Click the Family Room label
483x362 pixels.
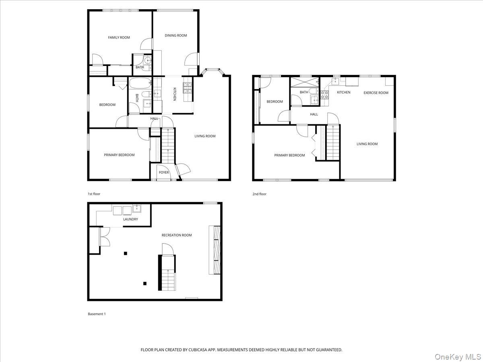click(x=119, y=37)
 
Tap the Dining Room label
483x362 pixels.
click(x=176, y=35)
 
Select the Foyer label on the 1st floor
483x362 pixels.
click(x=164, y=173)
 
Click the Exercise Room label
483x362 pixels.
click(x=376, y=93)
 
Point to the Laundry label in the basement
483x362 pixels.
click(x=130, y=219)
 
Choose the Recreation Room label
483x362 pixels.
click(x=177, y=235)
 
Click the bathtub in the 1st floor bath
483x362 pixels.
click(x=140, y=83)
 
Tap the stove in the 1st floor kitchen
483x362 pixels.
click(x=188, y=88)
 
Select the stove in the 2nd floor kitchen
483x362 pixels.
click(x=324, y=95)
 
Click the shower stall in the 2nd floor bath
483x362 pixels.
click(x=305, y=82)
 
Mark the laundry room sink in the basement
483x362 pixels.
click(x=137, y=208)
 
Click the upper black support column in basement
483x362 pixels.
click(x=126, y=253)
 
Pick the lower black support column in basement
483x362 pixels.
click(x=145, y=284)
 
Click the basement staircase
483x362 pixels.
click(x=168, y=273)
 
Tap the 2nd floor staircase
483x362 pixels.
click(x=333, y=142)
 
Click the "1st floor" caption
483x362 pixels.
click(x=94, y=194)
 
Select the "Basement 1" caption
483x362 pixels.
click(x=97, y=314)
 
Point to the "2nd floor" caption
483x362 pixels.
click(x=260, y=194)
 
